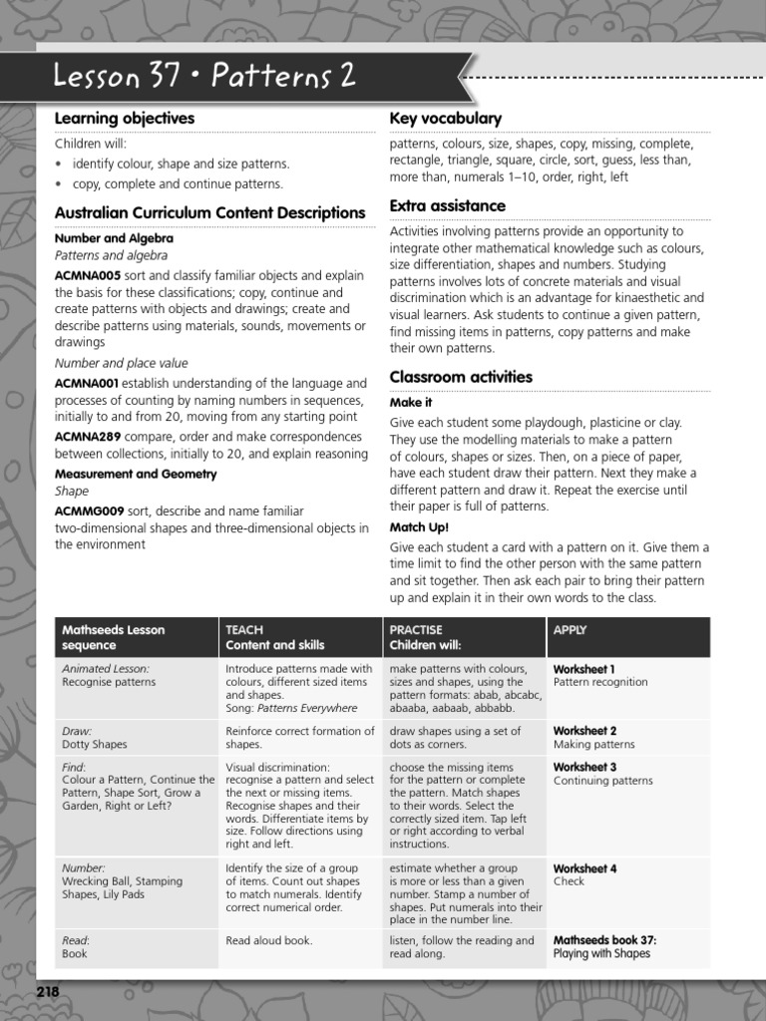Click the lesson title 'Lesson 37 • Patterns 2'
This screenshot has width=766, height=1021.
[203, 77]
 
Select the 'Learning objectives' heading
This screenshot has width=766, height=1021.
[125, 119]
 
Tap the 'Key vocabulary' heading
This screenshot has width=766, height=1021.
[445, 119]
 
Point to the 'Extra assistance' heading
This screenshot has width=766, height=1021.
[447, 205]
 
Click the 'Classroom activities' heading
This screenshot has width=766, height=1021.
[461, 377]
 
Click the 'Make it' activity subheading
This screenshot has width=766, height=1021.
[410, 402]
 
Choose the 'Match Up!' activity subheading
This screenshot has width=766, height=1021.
[419, 526]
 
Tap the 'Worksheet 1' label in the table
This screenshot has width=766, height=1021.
[584, 669]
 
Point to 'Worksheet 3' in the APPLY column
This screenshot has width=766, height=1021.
[584, 767]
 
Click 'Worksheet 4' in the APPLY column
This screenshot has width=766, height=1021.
[584, 868]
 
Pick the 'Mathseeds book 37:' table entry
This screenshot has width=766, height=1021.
[604, 939]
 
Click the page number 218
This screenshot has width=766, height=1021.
[48, 992]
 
